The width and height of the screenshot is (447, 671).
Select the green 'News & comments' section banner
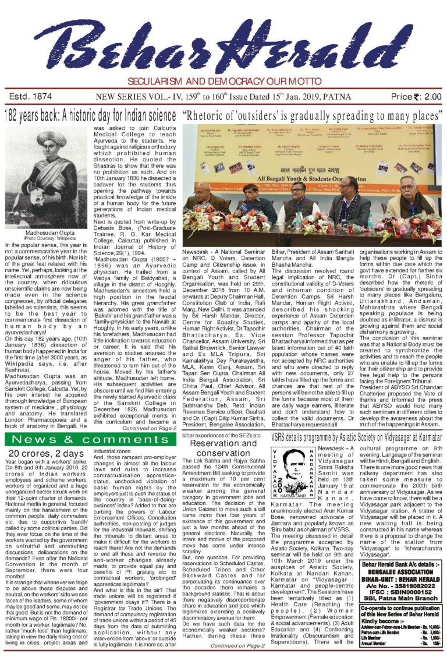[x=91, y=423]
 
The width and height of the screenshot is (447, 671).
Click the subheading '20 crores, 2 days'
[x=40, y=437]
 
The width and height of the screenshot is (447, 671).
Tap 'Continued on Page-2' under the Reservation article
[x=239, y=662]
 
